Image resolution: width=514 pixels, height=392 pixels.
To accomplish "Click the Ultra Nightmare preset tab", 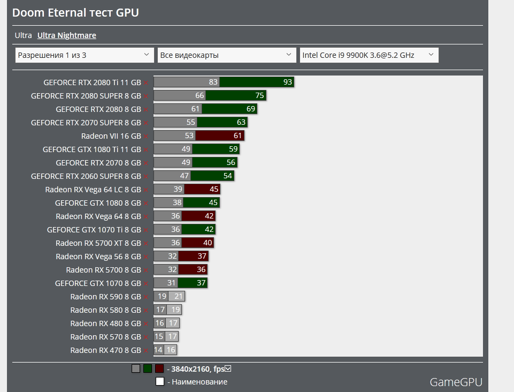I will (x=66, y=35).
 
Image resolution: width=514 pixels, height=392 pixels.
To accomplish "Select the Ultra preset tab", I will (x=23, y=35).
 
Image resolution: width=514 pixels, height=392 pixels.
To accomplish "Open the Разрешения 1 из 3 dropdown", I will (x=85, y=55).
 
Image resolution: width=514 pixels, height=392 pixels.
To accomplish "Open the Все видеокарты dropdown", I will (x=227, y=55).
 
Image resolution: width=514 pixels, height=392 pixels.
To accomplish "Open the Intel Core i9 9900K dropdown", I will (x=369, y=55).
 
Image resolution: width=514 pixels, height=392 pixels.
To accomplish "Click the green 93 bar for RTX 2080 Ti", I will (x=257, y=82).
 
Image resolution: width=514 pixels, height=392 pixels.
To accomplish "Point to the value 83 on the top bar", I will (x=213, y=82).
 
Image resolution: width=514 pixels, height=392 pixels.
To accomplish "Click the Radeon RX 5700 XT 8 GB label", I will (x=98, y=243).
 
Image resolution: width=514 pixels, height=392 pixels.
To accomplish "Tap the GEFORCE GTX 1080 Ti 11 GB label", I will (x=92, y=149).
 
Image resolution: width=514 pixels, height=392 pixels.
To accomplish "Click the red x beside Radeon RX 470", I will (x=145, y=350).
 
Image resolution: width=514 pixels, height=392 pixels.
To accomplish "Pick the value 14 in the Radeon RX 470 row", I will (x=158, y=350).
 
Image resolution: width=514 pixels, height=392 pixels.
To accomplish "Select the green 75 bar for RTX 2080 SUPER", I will (x=236, y=95).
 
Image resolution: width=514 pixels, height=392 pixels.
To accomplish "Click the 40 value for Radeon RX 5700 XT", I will (x=208, y=243).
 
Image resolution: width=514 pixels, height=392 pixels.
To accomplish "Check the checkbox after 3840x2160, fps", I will (x=228, y=368).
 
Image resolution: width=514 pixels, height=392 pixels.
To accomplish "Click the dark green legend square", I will (x=148, y=368).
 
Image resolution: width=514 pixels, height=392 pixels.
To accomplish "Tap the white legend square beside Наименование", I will (x=159, y=381).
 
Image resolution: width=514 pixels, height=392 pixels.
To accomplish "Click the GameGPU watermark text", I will (x=456, y=382).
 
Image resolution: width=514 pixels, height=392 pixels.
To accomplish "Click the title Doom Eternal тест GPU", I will (x=76, y=12).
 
